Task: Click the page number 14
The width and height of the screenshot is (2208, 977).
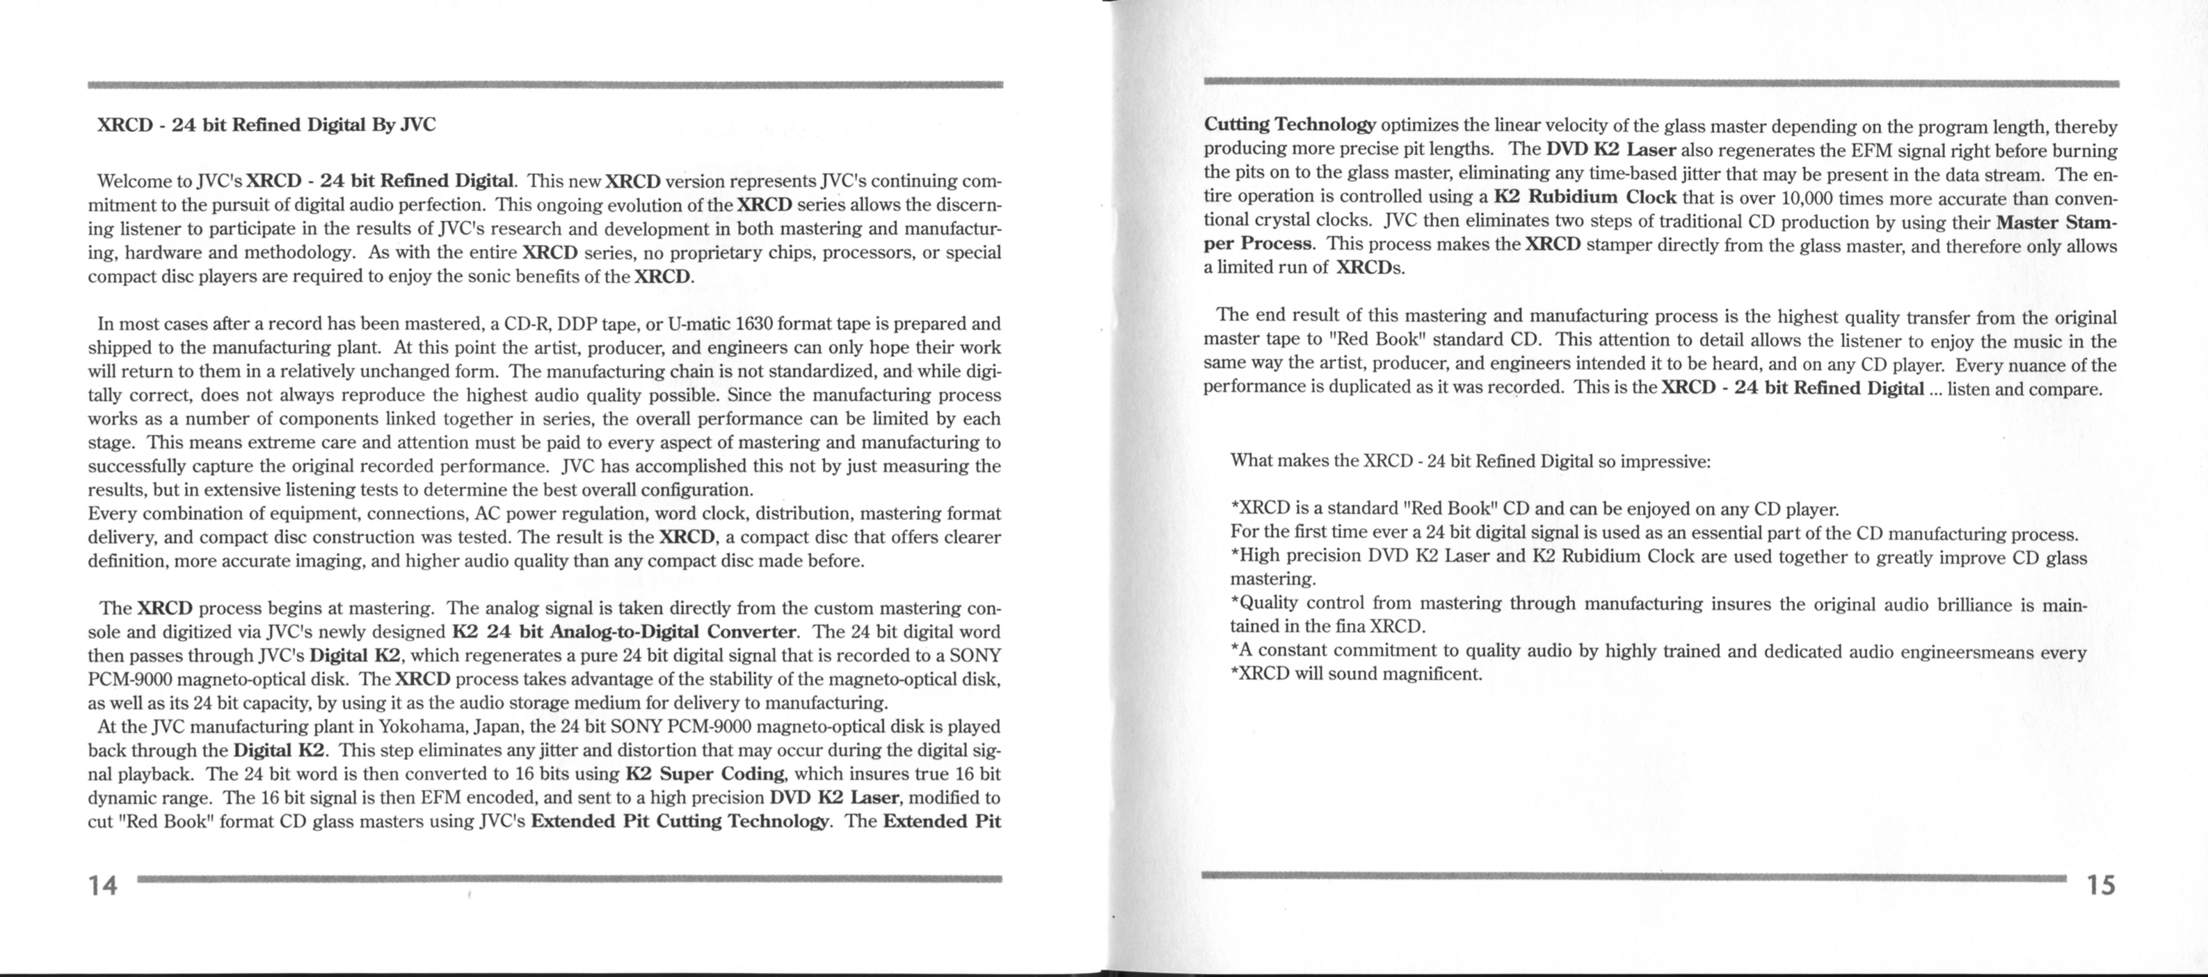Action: click(x=103, y=885)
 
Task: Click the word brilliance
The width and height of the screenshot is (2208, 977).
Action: click(x=1973, y=605)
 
